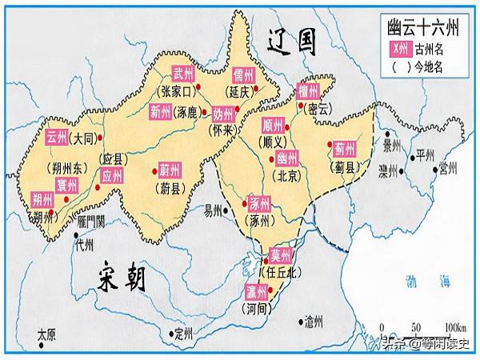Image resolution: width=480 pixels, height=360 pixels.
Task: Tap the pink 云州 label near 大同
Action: point(57,136)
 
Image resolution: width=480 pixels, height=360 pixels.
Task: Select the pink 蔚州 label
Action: point(170,170)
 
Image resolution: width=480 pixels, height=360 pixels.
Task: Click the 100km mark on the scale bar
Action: point(456,328)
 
